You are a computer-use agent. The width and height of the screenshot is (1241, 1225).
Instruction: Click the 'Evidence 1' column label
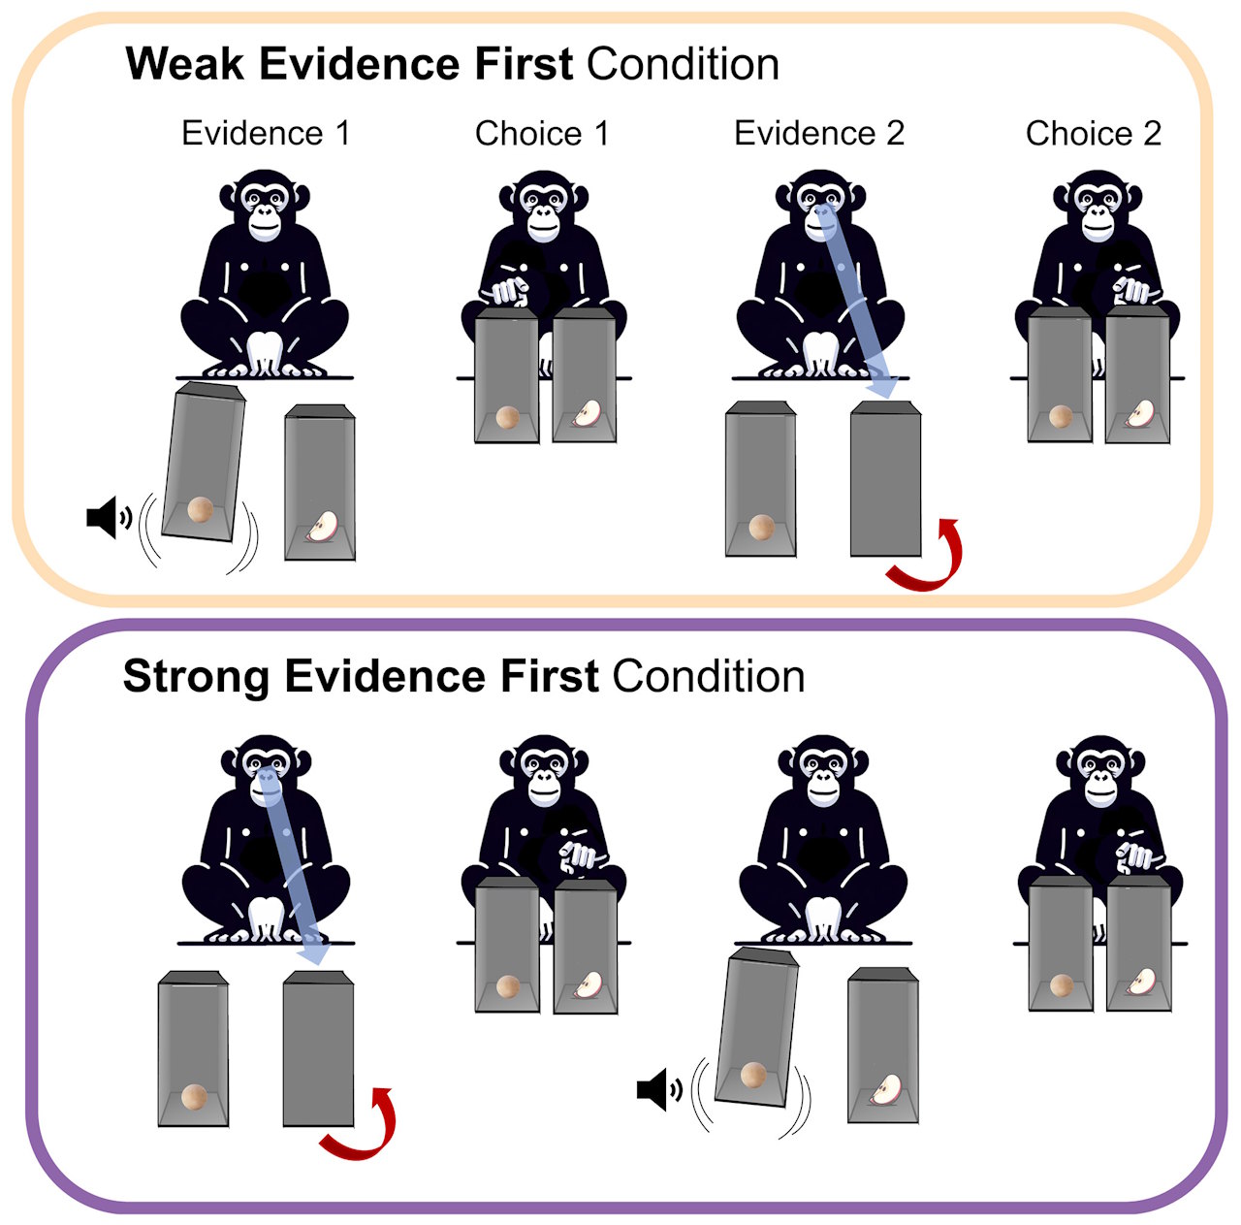[266, 133]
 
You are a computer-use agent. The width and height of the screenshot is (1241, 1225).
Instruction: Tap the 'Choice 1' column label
[542, 133]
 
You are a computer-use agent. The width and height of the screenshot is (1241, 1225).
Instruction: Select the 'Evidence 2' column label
[819, 133]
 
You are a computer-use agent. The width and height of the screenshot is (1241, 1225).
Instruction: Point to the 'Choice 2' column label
[1094, 133]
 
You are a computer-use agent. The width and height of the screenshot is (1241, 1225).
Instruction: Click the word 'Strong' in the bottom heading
[196, 676]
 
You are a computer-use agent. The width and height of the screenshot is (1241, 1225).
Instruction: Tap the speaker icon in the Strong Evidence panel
[657, 1089]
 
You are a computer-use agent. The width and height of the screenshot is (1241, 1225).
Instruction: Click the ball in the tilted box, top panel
[201, 509]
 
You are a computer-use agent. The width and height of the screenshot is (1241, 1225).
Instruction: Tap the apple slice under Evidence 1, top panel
[323, 527]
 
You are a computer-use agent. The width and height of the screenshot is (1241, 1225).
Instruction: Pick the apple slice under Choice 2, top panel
[1140, 414]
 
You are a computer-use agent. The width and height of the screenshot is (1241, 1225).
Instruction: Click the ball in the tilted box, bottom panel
[753, 1075]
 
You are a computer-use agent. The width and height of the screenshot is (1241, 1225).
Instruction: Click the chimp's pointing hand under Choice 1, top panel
[507, 290]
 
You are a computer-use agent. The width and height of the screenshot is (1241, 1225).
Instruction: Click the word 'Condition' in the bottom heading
[708, 676]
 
